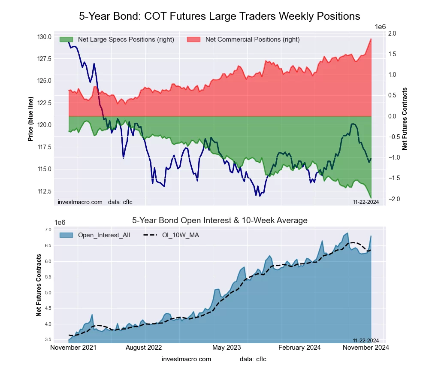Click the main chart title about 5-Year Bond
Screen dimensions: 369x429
click(x=219, y=16)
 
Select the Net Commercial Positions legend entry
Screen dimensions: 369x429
click(x=252, y=39)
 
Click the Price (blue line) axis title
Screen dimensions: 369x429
click(x=30, y=119)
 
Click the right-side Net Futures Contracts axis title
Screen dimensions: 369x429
click(x=405, y=119)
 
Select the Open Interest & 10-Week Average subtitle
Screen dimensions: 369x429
click(x=219, y=221)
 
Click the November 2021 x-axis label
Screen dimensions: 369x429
click(x=73, y=348)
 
